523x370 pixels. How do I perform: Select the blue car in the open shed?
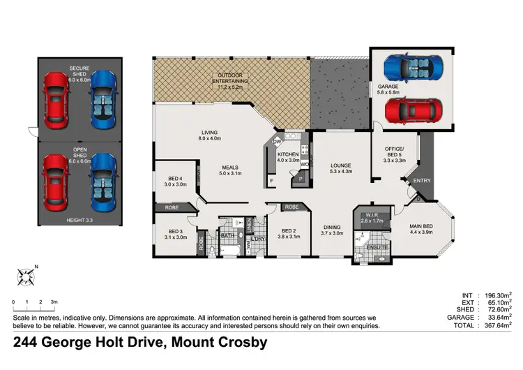[x=102, y=183]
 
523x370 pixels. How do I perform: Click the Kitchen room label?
[x=288, y=157]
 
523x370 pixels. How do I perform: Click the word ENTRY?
[x=422, y=181]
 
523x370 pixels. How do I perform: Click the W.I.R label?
[x=371, y=218]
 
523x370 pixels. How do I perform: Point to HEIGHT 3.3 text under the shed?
[x=80, y=221]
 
